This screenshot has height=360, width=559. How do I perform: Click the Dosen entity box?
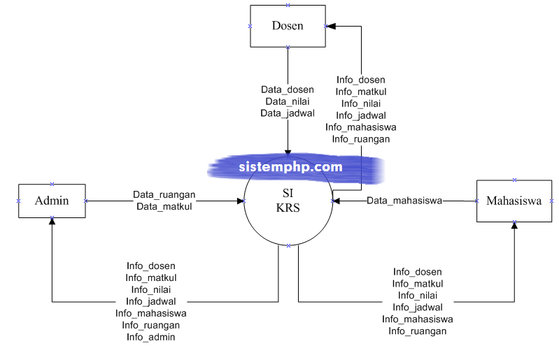(x=288, y=26)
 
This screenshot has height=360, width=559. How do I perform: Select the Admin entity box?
(x=52, y=201)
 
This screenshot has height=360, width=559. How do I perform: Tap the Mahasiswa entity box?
(x=514, y=201)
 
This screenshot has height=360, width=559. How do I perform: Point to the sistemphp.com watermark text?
(x=290, y=167)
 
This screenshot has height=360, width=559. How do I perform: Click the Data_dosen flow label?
(x=288, y=89)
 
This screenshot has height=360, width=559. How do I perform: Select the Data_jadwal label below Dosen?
(x=288, y=113)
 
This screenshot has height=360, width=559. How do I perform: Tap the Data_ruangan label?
(x=164, y=194)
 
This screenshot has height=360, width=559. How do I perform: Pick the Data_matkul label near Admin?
(x=164, y=206)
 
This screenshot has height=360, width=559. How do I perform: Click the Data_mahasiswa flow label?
(x=404, y=201)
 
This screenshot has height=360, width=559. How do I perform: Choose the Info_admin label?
(x=151, y=337)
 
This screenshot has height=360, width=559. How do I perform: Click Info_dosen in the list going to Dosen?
(x=361, y=80)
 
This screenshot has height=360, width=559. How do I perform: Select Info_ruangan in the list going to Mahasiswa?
(x=418, y=331)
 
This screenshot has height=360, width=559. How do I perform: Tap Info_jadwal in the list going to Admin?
(x=151, y=301)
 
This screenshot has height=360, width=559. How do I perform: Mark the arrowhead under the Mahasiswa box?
(x=514, y=226)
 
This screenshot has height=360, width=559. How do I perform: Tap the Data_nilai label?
(x=288, y=101)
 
